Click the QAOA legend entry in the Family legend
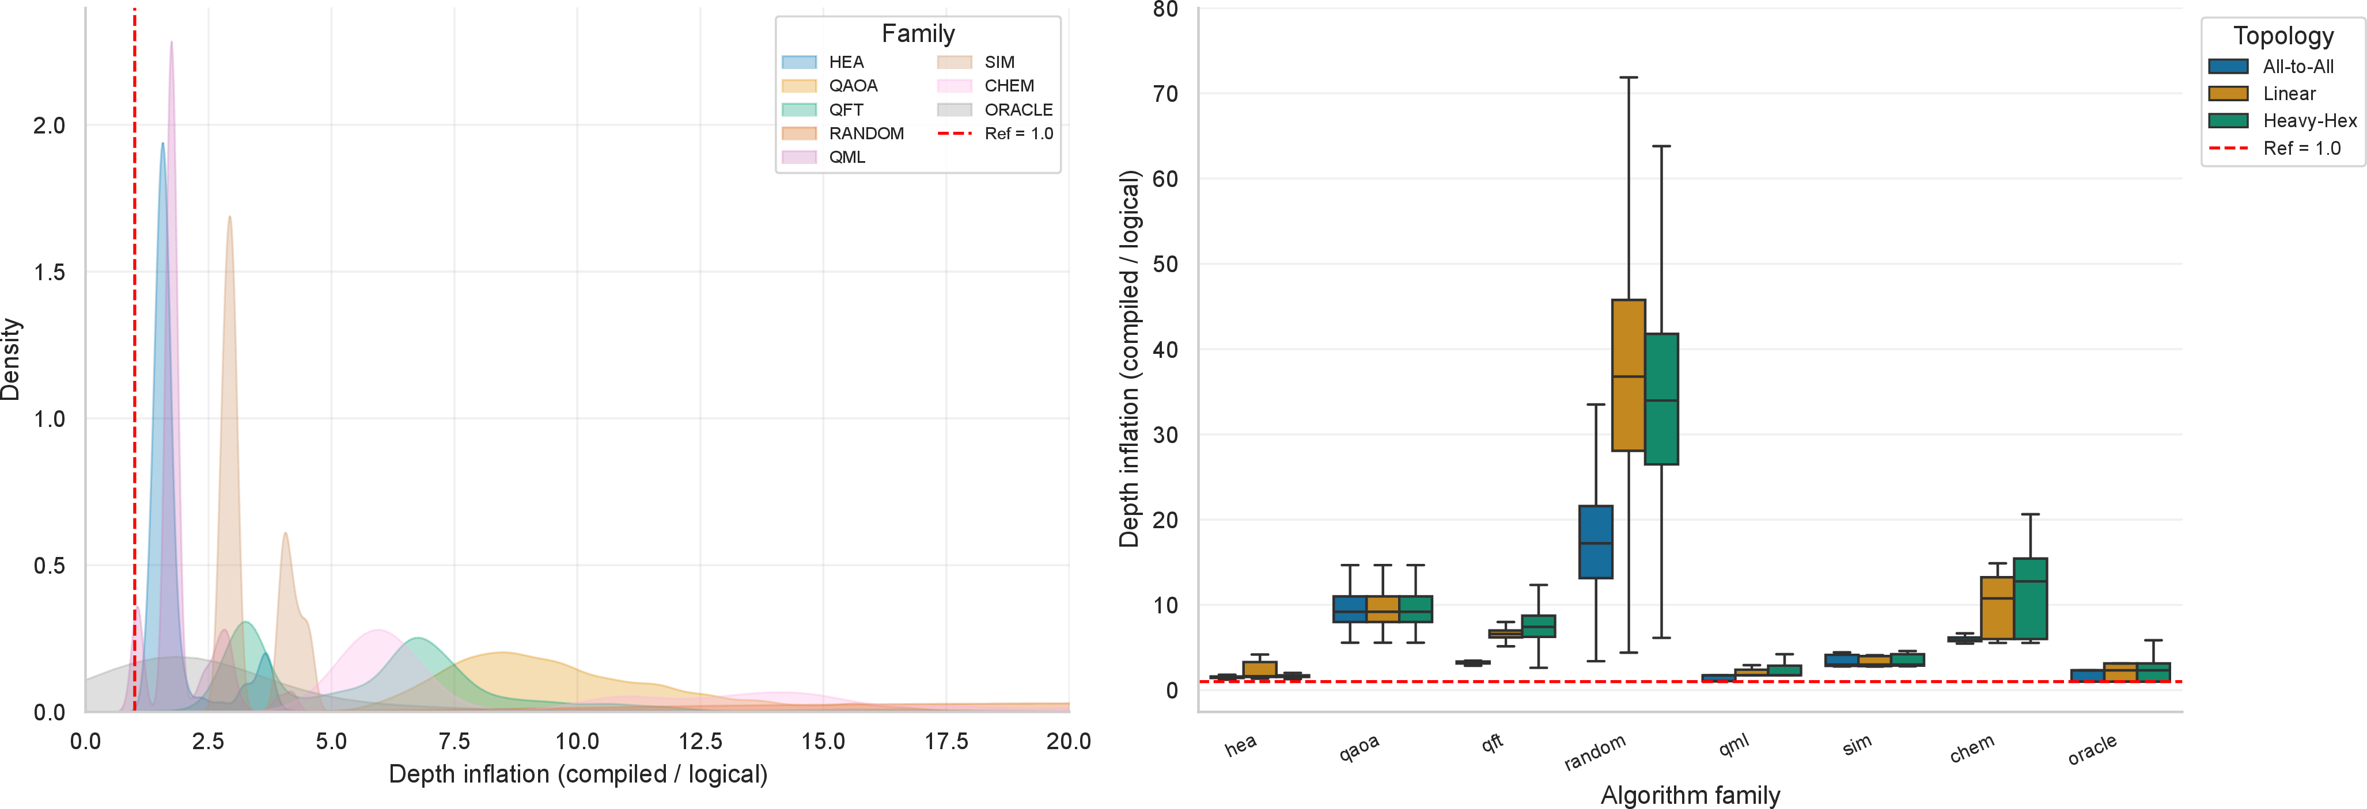[x=830, y=85]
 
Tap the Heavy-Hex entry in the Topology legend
[x=2282, y=120]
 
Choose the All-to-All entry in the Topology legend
[x=2271, y=66]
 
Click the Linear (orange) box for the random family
[x=1629, y=375]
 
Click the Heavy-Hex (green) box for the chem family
[x=2030, y=599]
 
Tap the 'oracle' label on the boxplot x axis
[x=2092, y=749]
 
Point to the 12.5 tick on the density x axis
[x=700, y=741]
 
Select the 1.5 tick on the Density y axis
[x=49, y=272]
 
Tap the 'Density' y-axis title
[x=11, y=359]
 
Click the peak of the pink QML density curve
[x=171, y=41]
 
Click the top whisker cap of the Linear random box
[x=1629, y=78]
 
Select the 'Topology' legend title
[x=2283, y=36]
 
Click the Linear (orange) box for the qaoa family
[x=1383, y=609]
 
